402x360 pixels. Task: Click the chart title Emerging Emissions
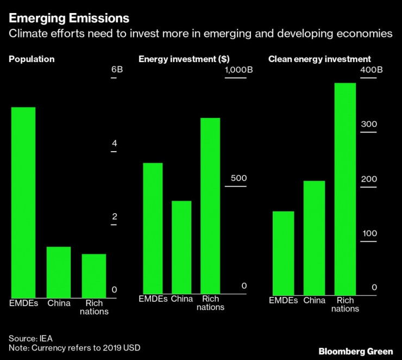pos(69,18)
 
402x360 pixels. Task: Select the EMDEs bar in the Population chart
pos(23,201)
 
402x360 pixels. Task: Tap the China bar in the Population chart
pos(59,271)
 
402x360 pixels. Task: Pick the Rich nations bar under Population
pos(94,275)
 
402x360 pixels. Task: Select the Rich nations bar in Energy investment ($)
pos(210,206)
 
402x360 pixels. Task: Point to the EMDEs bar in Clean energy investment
pos(283,253)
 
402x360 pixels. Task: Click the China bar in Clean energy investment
pos(314,238)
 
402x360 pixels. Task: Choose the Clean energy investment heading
pos(319,59)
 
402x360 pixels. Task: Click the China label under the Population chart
pos(59,303)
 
